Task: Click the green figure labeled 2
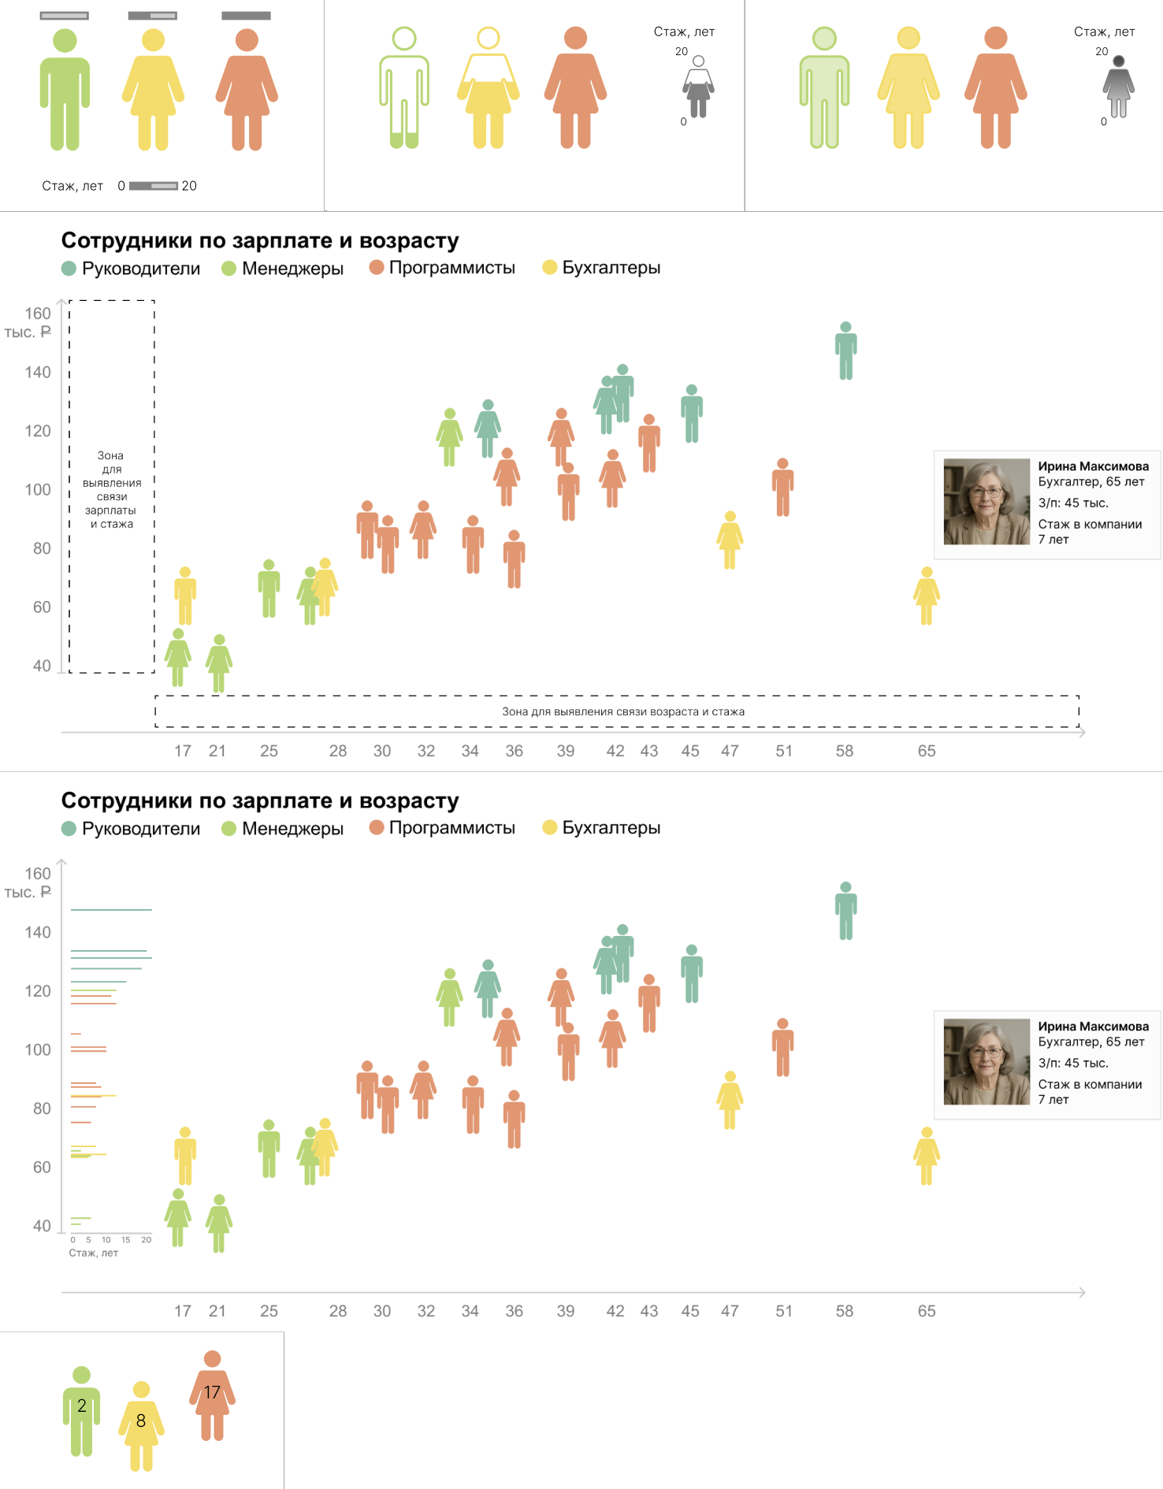click(81, 1410)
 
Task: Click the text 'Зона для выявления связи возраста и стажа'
click(623, 711)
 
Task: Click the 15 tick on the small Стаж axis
click(126, 1240)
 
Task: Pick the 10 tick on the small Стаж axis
click(106, 1240)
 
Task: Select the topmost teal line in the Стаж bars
click(111, 910)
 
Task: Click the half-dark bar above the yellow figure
click(152, 16)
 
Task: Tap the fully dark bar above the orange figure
click(246, 16)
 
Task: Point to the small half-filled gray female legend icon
click(698, 87)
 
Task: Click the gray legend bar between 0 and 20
click(153, 186)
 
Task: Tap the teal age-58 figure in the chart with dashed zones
click(845, 351)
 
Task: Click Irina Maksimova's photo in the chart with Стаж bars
click(987, 1062)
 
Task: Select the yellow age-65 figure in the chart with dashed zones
click(927, 596)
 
